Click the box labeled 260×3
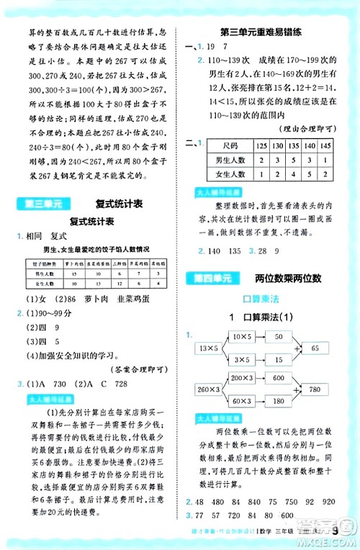[x=207, y=390]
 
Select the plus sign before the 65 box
[x=289, y=348]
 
